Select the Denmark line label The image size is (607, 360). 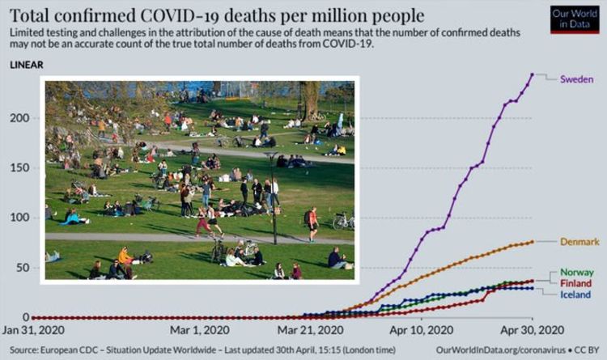click(x=579, y=242)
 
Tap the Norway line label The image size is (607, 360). click(x=576, y=273)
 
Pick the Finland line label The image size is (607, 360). click(x=575, y=283)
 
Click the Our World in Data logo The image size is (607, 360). click(x=574, y=19)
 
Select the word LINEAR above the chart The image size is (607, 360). click(x=28, y=64)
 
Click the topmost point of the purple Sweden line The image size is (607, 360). click(x=533, y=74)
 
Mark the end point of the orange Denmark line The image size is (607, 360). click(x=532, y=242)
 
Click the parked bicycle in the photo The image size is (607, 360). click(x=343, y=220)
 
